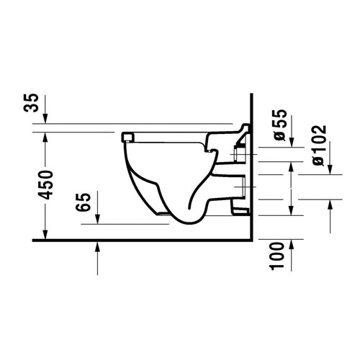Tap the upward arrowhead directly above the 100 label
point(289,166)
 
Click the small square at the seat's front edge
point(128,135)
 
